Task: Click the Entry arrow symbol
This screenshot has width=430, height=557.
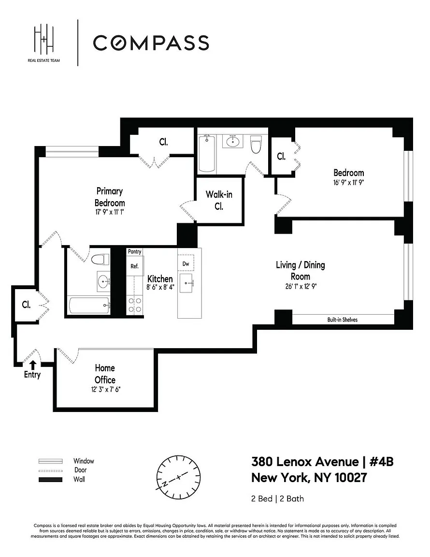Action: (33, 365)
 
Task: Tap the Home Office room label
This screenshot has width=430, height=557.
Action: (105, 374)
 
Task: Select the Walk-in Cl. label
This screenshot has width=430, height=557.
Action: (219, 200)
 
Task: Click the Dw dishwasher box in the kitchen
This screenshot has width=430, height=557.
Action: (186, 263)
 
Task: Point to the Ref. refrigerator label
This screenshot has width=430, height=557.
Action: (135, 266)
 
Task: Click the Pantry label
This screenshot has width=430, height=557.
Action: (135, 251)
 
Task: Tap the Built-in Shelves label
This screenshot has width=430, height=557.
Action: (342, 320)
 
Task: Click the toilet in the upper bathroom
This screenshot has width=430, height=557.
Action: (256, 144)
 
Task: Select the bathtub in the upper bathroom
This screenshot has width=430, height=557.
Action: (207, 153)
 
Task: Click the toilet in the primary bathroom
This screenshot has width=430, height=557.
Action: (100, 259)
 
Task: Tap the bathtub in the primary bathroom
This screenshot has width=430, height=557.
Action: (89, 306)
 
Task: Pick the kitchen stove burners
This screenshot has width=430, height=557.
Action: (135, 306)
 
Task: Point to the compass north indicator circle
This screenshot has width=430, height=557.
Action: (179, 477)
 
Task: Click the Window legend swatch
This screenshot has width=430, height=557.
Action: (50, 461)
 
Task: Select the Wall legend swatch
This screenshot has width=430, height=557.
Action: (50, 480)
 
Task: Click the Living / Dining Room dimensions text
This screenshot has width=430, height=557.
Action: (301, 286)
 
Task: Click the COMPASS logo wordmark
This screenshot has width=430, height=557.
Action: (151, 43)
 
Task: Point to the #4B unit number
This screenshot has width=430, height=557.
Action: (381, 462)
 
